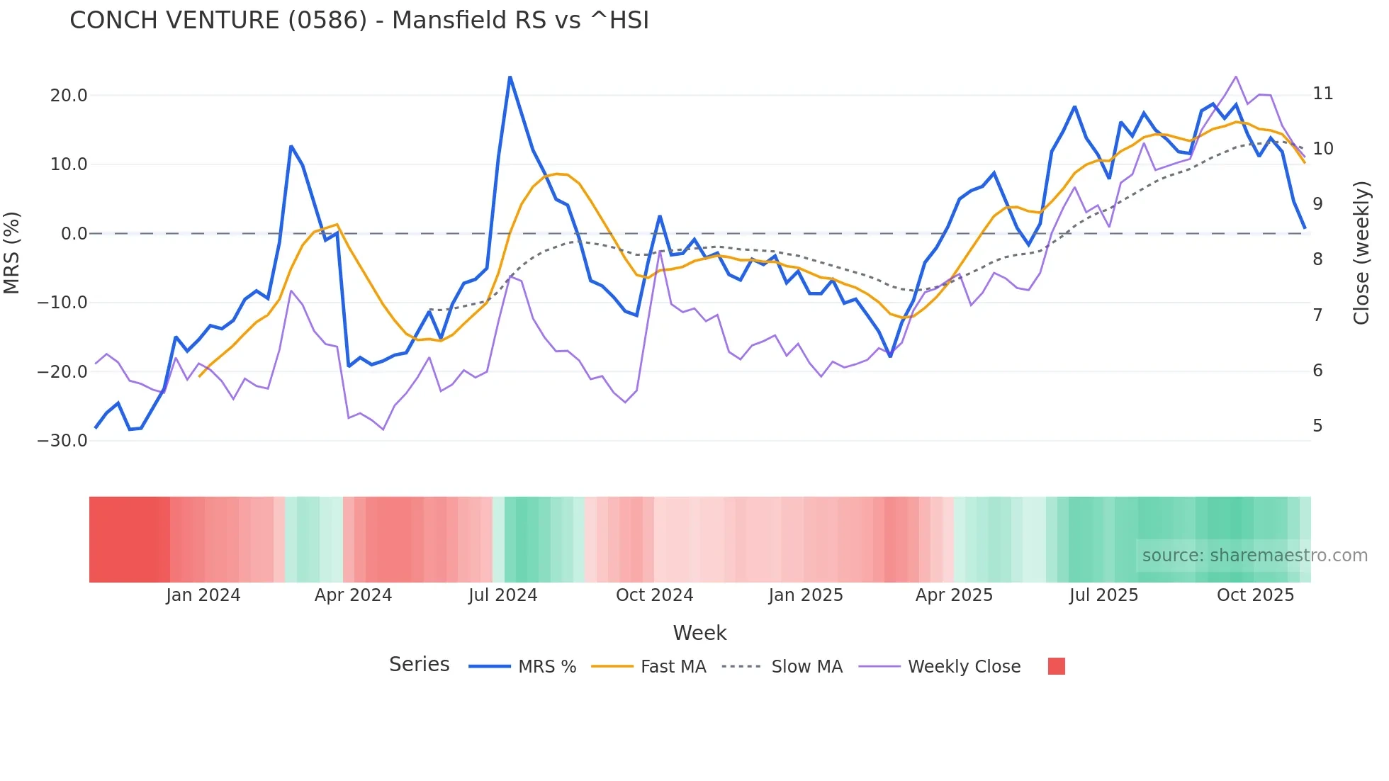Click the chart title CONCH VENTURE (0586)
(x=359, y=21)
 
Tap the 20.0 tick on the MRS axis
(x=69, y=96)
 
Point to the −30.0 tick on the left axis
(x=62, y=441)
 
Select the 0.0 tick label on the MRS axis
(x=74, y=234)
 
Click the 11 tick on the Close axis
(x=1322, y=94)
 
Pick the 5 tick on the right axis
(x=1317, y=426)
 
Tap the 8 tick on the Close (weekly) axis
(x=1317, y=259)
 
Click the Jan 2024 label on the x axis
(x=203, y=595)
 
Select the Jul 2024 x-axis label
(x=502, y=595)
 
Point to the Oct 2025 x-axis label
(x=1255, y=595)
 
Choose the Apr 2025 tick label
(x=954, y=595)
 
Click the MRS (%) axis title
(x=11, y=252)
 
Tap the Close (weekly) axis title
(x=1361, y=253)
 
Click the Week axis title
(x=699, y=633)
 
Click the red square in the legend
(x=1056, y=666)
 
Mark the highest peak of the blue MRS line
(x=510, y=77)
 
